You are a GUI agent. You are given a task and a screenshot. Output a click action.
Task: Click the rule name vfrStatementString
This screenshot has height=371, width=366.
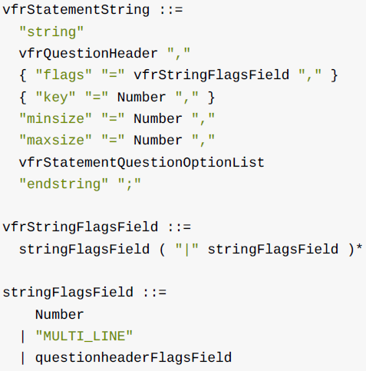[76, 11]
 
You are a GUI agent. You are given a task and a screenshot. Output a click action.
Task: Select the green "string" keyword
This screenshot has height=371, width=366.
[51, 32]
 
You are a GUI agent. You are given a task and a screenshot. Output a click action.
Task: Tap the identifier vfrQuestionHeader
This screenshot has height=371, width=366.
[88, 54]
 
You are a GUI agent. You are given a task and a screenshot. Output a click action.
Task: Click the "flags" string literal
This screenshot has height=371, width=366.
[64, 75]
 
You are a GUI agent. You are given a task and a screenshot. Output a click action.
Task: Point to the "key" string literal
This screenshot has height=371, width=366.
[55, 98]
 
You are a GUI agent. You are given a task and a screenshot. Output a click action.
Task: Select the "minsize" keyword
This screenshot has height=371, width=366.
[55, 119]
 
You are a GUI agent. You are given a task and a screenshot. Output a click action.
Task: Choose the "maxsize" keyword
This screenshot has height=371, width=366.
[55, 141]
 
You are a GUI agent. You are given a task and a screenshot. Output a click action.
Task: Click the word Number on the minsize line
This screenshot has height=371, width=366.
[158, 119]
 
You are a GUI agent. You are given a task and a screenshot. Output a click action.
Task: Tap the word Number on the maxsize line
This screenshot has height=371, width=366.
[158, 141]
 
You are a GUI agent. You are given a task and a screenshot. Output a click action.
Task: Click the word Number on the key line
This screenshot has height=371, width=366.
[141, 98]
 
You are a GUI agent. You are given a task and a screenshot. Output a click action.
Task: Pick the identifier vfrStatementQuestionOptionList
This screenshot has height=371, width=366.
[142, 163]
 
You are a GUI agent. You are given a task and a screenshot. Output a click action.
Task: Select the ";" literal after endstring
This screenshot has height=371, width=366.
[130, 184]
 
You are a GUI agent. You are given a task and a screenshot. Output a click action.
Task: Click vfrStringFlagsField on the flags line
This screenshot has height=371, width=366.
[211, 75]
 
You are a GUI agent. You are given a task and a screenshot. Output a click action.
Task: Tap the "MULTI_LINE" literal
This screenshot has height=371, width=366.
[84, 336]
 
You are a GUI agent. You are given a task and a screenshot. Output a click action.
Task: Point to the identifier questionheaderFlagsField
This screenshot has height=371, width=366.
[134, 358]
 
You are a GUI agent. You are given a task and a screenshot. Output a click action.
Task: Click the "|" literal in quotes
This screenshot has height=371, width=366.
[187, 250]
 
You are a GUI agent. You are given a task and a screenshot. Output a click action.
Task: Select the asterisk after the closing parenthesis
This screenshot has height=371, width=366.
[359, 248]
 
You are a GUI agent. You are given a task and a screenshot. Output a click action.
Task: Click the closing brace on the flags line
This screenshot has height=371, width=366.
[335, 75]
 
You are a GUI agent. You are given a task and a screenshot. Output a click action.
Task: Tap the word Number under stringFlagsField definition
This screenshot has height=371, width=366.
[60, 314]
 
